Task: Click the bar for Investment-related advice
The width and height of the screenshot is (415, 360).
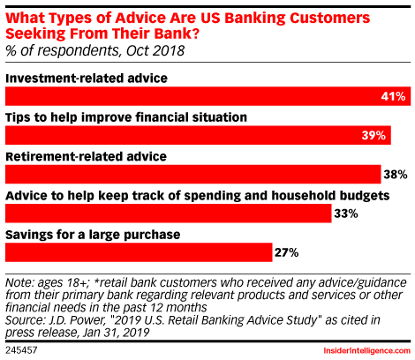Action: point(207,96)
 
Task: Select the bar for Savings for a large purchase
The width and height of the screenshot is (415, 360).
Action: point(139,252)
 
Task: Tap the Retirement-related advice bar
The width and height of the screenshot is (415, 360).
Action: point(193,175)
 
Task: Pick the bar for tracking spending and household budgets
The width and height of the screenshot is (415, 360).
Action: point(169,214)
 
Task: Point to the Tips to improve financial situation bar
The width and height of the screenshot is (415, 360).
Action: point(198,135)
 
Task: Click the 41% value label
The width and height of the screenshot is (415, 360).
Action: point(393,96)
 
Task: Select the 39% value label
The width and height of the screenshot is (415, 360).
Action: point(373,135)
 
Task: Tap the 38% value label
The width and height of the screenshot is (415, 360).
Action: point(396,175)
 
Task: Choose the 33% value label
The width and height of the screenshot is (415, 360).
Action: point(346,214)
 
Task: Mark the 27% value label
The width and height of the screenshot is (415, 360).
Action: point(287,252)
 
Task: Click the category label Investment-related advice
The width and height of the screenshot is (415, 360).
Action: point(87,79)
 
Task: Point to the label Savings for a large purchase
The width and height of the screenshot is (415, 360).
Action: point(93,235)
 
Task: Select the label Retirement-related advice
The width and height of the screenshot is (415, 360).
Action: point(87,156)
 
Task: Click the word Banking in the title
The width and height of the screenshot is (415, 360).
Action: point(255,18)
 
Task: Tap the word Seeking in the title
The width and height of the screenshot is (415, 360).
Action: point(35,34)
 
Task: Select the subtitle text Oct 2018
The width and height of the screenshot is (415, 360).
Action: point(155,50)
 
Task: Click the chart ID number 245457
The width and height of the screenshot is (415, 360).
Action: point(21,350)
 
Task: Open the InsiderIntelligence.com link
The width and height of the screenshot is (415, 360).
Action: point(367,350)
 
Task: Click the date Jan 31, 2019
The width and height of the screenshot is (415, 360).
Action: point(117,333)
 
